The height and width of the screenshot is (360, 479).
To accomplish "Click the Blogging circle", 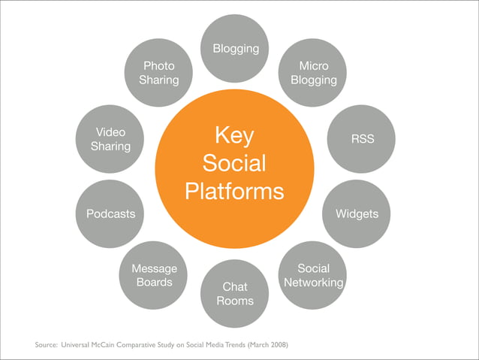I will point(235,49).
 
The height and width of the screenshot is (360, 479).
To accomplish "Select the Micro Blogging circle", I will point(313,73).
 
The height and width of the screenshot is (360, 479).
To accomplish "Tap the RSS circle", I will point(361,138).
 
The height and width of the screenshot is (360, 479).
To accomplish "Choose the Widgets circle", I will point(356,214).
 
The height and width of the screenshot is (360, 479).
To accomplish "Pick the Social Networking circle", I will point(312,275).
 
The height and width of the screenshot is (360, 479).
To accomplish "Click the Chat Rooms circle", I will point(234,293).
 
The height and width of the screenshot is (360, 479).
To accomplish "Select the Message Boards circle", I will point(154,275).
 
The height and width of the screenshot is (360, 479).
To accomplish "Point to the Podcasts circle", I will point(111,214).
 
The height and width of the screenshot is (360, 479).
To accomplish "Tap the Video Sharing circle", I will point(111,139).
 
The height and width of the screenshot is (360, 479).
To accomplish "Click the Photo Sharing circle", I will point(158,73).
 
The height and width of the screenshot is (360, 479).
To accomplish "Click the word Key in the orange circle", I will point(234,136).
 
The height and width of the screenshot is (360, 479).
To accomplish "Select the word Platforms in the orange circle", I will point(234,191).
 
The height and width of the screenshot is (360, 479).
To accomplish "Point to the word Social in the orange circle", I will point(234,164).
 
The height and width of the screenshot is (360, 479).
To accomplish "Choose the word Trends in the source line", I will point(234,345).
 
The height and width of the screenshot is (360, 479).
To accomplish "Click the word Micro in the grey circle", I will point(313,66).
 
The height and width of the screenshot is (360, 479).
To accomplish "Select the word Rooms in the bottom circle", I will point(234,301).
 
